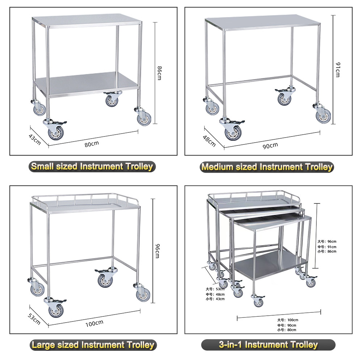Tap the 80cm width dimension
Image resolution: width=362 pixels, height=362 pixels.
92,144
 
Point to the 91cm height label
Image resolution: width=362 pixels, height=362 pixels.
337,69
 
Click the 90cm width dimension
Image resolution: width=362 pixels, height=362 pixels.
270,145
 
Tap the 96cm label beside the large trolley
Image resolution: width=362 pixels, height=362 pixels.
157,250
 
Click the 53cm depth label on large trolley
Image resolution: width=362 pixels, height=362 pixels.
34,319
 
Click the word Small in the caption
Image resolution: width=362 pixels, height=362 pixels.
43,167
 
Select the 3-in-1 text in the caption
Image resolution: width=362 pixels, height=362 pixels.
231,345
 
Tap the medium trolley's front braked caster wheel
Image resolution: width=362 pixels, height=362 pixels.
232,132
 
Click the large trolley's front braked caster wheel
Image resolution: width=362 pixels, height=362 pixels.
55,310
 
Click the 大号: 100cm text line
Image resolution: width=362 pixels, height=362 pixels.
288,320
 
